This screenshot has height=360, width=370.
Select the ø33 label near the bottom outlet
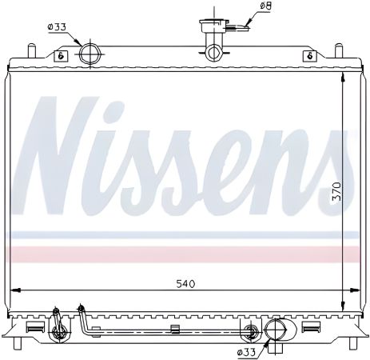tap(246, 351)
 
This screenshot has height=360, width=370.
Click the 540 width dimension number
tap(185, 283)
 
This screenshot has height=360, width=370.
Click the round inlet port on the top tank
tap(90, 54)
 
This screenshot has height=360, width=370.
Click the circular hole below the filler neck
tap(213, 54)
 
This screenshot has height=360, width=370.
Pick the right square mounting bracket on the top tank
tap(308, 56)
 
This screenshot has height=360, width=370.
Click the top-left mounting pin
tap(32, 51)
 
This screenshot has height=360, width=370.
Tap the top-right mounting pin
tap(337, 51)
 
